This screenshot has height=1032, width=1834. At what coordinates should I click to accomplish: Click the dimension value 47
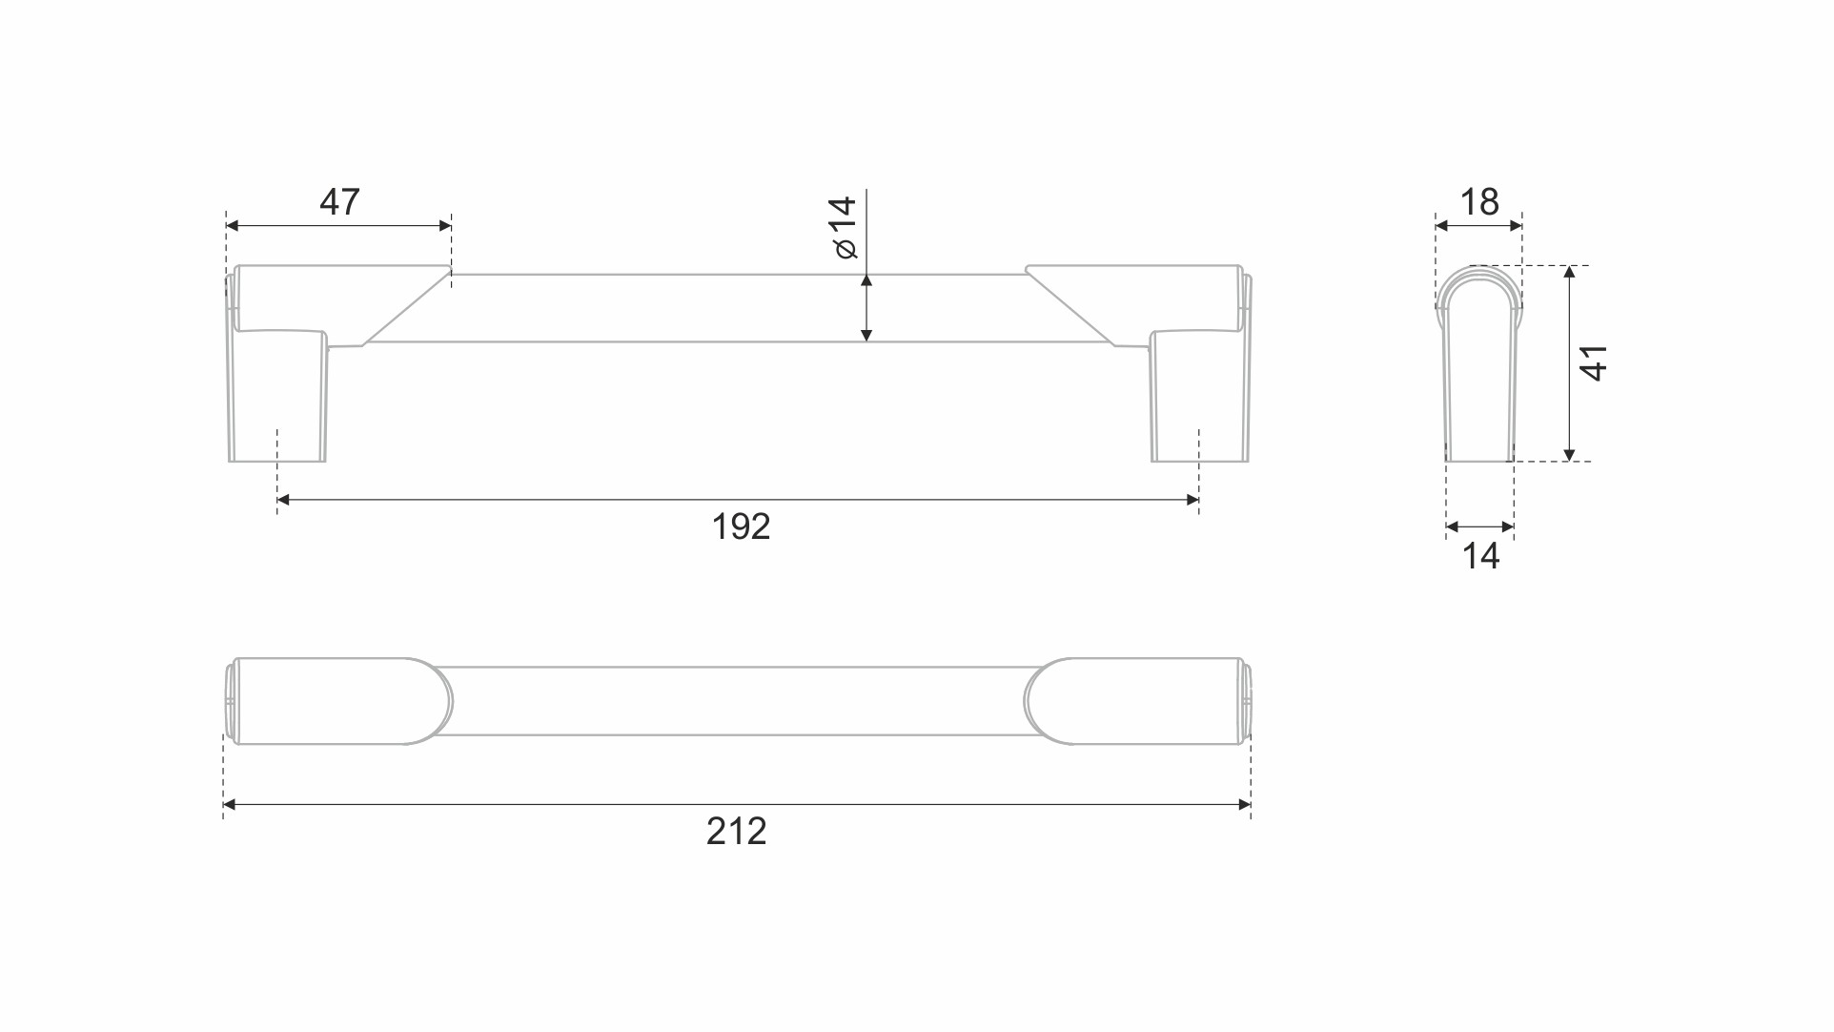[339, 202]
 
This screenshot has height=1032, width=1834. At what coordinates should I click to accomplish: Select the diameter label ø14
[845, 228]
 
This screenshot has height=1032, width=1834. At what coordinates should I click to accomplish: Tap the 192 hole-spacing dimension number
[741, 526]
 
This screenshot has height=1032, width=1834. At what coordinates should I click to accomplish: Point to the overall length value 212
[736, 832]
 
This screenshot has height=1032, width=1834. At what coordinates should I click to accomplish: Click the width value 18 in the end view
[1479, 202]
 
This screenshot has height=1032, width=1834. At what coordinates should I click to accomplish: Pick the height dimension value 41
[1594, 363]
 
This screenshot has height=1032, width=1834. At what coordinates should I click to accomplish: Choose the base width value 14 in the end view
[1480, 556]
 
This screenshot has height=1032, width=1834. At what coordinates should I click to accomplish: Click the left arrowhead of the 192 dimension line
[283, 500]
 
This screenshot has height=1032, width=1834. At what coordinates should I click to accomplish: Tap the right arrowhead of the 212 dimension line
[1245, 805]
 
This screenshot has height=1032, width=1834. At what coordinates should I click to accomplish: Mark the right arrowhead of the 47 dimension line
[445, 226]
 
